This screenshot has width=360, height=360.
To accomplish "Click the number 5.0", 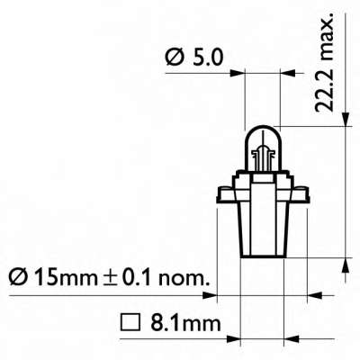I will (x=205, y=60).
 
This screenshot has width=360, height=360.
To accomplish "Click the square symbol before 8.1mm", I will (x=128, y=320).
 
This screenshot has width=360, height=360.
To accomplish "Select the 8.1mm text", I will (x=175, y=320).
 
